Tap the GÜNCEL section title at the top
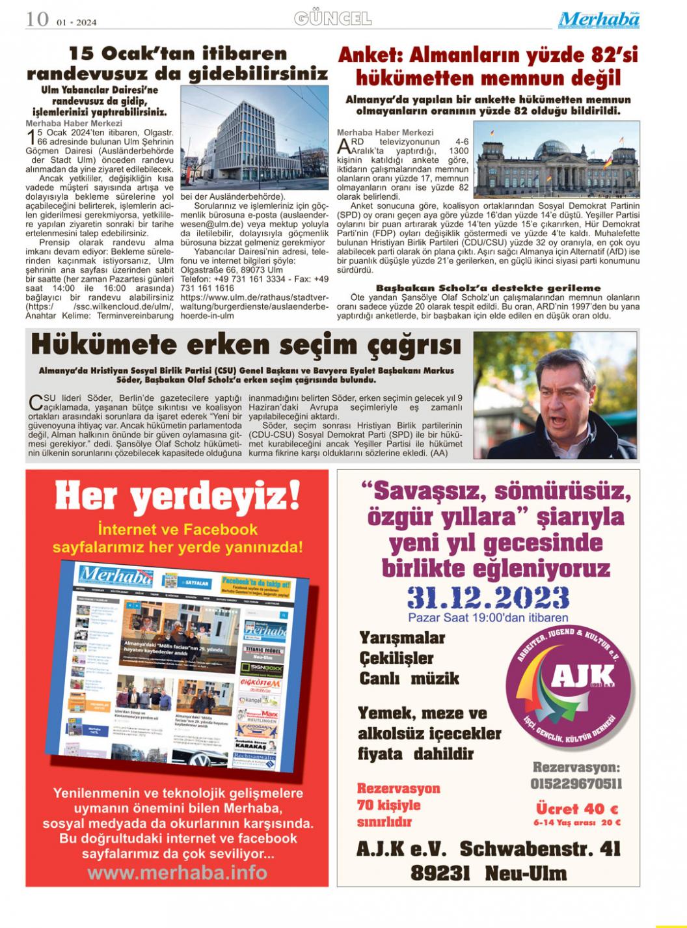pos(332,18)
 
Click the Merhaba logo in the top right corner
pos(599,20)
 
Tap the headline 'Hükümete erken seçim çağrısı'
pos(247,345)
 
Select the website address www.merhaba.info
pos(177,872)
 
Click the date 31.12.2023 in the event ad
pos(488,596)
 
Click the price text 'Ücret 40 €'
pos(576,808)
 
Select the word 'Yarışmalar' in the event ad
pos(402,638)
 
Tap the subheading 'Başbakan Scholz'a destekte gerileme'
pos(488,288)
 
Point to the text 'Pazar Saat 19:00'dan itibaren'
pos(488,618)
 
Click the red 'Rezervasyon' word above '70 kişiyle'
pos(398,788)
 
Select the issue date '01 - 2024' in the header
pos(77,22)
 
